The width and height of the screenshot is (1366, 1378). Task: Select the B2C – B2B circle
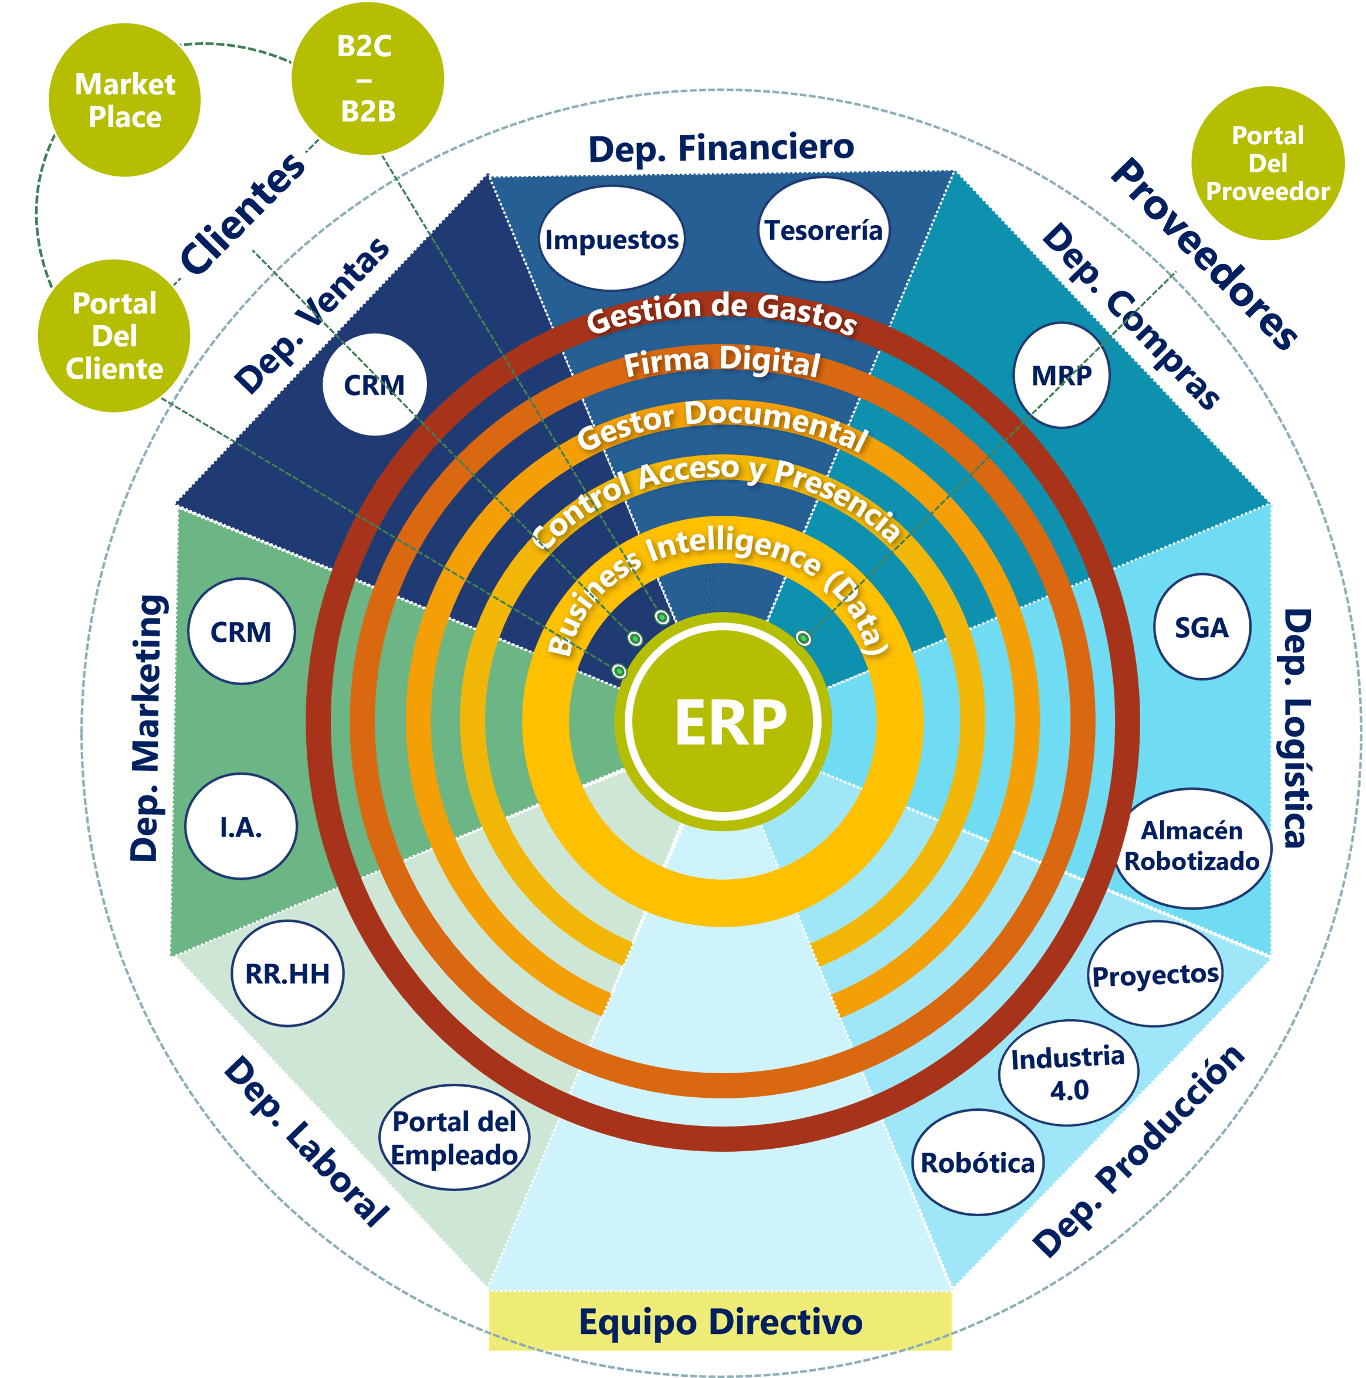pos(368,79)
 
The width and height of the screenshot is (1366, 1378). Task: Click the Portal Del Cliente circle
pos(114,336)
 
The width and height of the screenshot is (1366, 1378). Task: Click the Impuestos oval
pos(612,239)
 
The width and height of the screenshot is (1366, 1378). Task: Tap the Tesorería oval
pos(823,230)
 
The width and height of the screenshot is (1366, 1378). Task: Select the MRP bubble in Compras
pos(1061,375)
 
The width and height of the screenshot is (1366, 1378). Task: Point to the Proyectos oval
pos(1155,974)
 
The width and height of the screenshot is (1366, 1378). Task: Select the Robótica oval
pos(978,1163)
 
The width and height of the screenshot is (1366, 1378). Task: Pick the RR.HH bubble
pos(287,974)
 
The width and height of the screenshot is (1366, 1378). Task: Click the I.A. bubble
pos(241,826)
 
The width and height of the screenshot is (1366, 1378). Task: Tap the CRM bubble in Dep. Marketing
pos(241,632)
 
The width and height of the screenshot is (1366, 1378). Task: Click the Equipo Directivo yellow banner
pos(720,1321)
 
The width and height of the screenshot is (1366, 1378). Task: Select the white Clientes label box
pos(239,210)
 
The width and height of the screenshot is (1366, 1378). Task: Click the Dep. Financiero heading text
pos(721,148)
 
